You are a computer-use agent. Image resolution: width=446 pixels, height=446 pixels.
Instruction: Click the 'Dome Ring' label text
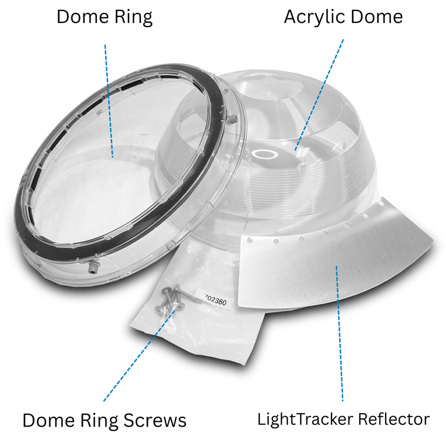(104, 17)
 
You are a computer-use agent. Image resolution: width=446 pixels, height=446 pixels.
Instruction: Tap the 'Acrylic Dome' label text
(343, 17)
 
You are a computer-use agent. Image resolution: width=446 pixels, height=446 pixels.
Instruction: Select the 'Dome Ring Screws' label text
(104, 420)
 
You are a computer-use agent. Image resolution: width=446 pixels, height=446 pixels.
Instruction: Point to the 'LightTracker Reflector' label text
(343, 420)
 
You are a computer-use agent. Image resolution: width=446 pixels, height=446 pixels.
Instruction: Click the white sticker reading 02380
(218, 300)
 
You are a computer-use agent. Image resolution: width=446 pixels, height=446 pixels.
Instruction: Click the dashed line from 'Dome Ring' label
(109, 100)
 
